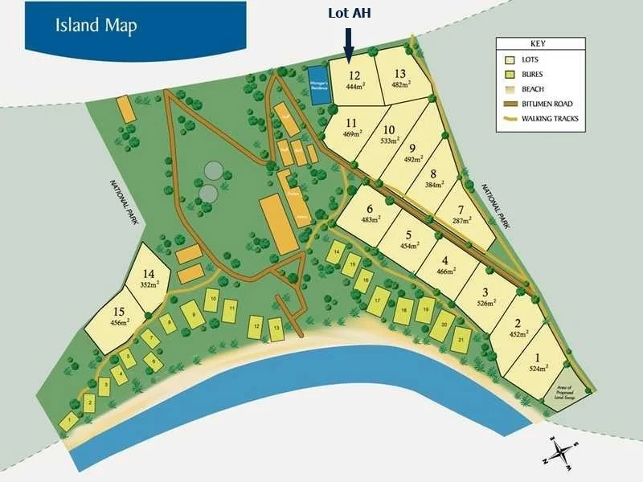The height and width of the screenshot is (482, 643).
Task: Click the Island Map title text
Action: pos(96,24)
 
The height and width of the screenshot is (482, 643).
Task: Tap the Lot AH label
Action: pos(350,14)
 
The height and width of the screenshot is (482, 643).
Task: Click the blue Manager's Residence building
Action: pos(315,83)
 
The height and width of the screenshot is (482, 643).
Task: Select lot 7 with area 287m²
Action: pos(463,214)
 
